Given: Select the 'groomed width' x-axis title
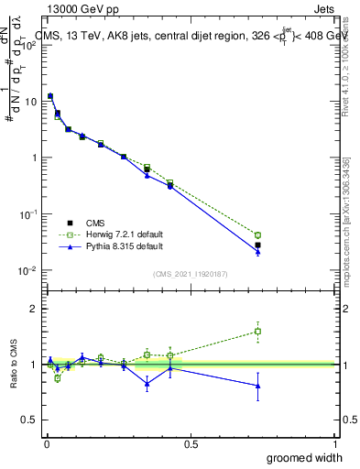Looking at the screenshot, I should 304,457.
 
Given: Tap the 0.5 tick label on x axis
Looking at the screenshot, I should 191,443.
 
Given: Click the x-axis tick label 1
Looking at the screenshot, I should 334,443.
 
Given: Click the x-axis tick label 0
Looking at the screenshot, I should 47,443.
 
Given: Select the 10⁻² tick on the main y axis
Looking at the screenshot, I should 29,270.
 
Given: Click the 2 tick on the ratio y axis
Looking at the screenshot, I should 36,309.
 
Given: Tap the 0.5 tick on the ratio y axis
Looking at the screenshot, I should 32,420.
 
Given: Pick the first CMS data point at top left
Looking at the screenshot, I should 50,95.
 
